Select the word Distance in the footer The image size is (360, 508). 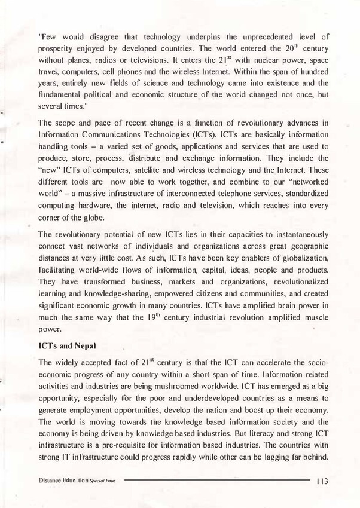[x=51, y=480]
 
